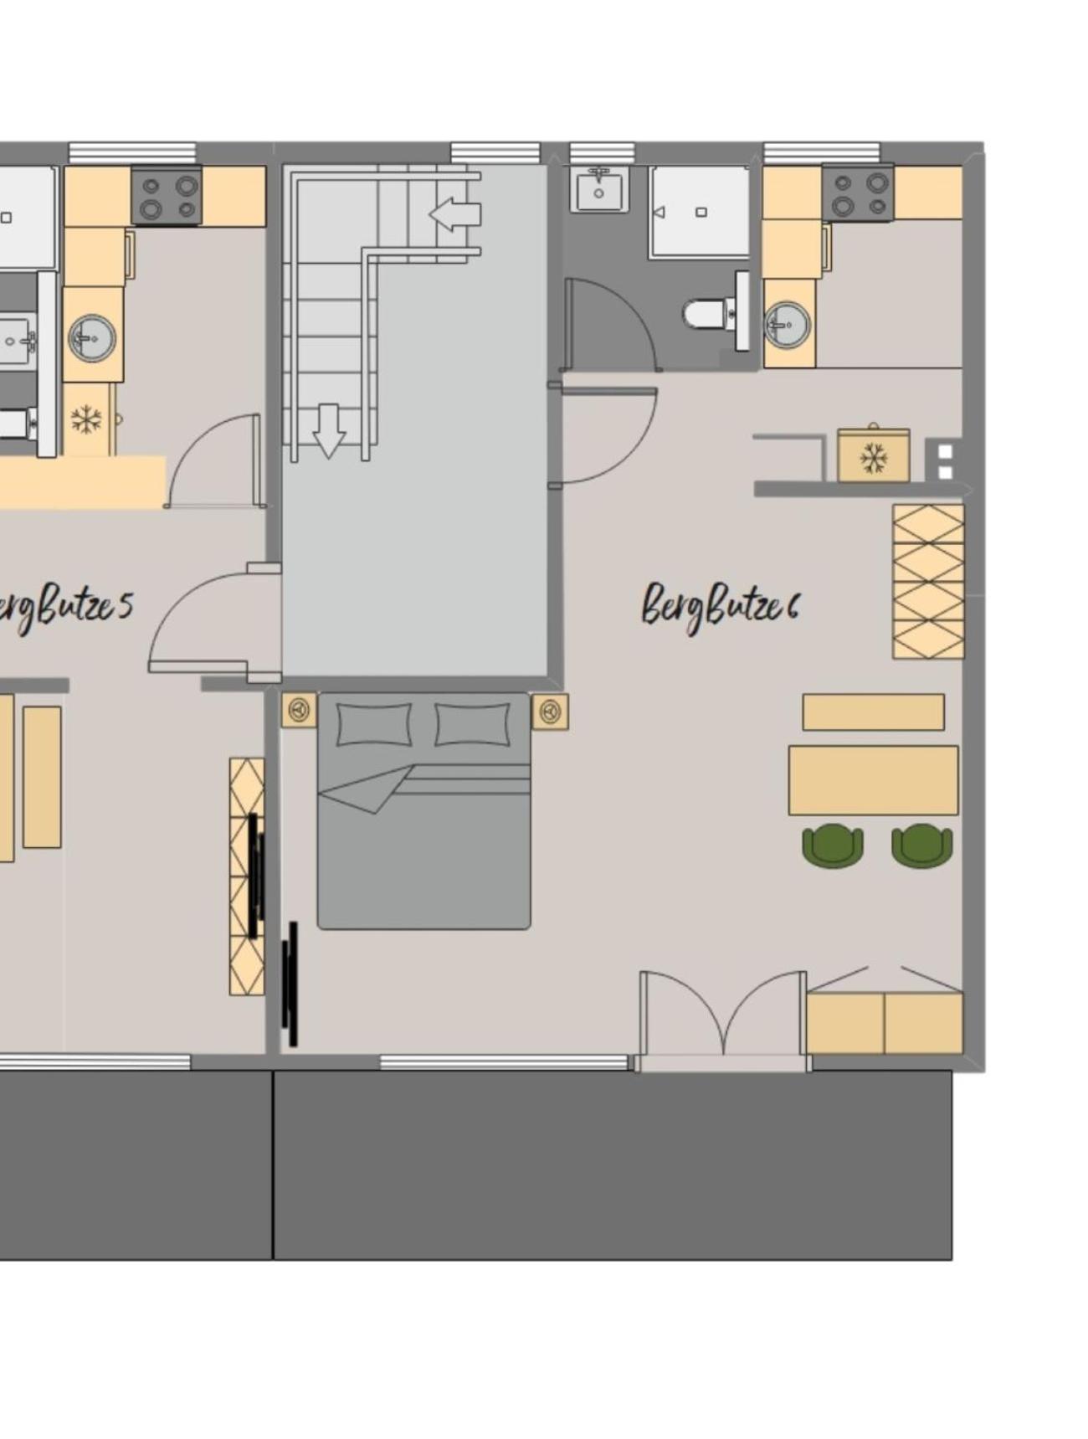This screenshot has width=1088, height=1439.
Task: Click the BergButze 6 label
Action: point(721,607)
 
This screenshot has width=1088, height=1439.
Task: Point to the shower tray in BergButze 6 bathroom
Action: point(700,212)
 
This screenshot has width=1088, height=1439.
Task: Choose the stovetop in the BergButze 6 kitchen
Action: point(858,193)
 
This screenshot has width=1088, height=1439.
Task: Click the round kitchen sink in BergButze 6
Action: point(787,325)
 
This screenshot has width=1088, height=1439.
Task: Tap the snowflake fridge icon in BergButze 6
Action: point(874,457)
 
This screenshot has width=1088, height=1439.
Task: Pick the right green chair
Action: point(921,845)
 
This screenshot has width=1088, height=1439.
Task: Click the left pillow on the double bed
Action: point(374,724)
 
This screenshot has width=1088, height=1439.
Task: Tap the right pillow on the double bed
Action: point(472,724)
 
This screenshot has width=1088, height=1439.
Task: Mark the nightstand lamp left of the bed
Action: point(299,711)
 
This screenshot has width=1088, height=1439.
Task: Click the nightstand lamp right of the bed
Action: point(550,712)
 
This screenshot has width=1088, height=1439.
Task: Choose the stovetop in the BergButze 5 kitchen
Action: point(167,196)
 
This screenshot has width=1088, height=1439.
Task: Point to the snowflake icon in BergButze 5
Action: point(86,419)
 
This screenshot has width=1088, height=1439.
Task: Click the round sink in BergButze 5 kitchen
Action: point(92,338)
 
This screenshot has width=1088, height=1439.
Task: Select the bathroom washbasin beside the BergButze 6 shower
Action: point(599,189)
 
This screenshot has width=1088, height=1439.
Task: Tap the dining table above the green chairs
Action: point(873,780)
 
